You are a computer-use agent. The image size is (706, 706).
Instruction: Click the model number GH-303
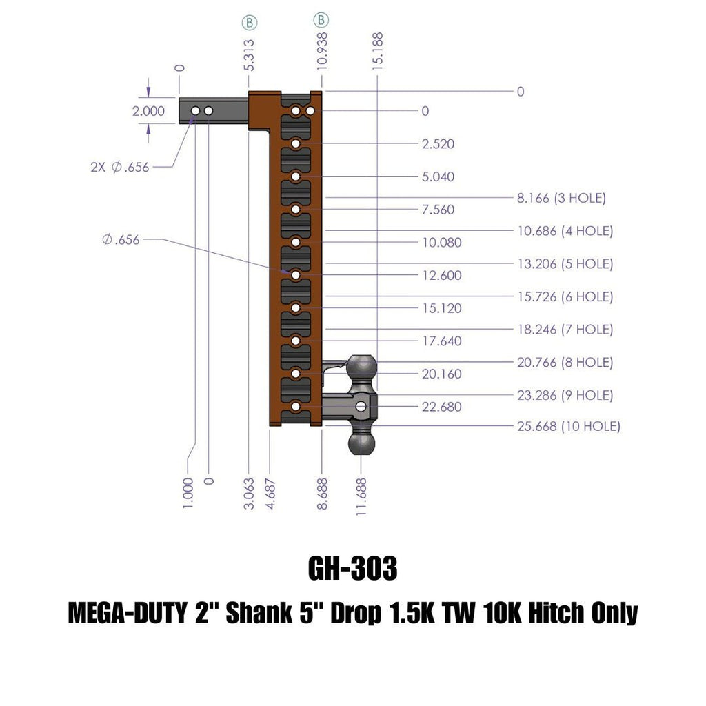point(352,568)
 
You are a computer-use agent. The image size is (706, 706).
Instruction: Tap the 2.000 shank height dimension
point(149,111)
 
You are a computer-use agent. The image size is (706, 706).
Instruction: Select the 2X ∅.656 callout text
point(120,167)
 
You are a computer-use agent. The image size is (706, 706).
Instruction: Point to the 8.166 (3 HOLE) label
point(561,198)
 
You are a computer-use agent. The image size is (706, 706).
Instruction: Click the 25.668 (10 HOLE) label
point(569,426)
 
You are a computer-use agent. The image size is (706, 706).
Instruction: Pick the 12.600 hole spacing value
point(442,275)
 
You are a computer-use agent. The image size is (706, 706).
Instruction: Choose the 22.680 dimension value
point(442,407)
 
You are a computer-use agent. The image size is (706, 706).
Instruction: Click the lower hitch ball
point(361,443)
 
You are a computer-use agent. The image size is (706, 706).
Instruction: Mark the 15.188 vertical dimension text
point(377,51)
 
